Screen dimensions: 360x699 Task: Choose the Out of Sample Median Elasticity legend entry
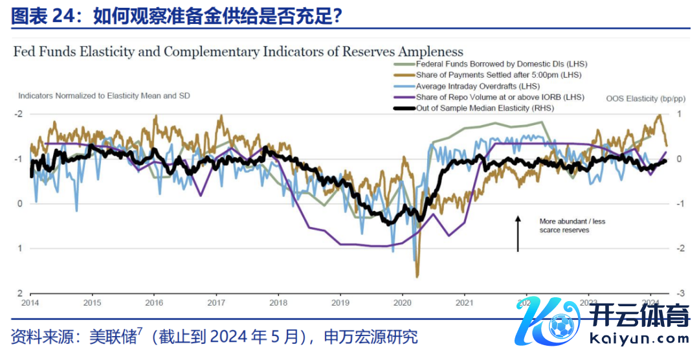click(485, 107)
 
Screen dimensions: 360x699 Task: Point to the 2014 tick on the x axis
click(30, 302)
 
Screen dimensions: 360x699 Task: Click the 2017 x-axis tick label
click(216, 302)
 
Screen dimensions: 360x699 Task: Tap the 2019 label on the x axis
click(340, 302)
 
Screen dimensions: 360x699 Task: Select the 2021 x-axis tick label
click(463, 302)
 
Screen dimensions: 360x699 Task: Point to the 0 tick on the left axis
click(20, 204)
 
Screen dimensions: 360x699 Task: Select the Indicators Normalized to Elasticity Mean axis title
click(104, 96)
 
